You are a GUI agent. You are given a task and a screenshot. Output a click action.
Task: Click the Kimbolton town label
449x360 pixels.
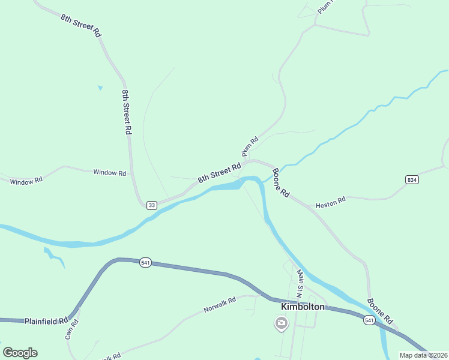point(303,307)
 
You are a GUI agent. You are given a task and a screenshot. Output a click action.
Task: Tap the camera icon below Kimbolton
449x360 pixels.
point(280,324)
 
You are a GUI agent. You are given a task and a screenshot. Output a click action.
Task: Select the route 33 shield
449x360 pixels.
point(151,205)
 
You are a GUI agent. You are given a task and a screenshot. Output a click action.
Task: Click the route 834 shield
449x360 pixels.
point(411,179)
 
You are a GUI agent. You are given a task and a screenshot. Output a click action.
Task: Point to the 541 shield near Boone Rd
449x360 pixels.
point(370,321)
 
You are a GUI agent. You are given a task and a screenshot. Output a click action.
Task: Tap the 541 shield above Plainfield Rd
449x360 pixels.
point(145,262)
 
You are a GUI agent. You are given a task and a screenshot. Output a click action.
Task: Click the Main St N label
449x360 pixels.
point(300,283)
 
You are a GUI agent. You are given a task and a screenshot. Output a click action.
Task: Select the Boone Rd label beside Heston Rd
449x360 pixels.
point(280,184)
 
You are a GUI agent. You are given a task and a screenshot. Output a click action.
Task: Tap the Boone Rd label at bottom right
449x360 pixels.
point(379,311)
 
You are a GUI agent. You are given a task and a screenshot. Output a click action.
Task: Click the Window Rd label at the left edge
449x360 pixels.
point(26,180)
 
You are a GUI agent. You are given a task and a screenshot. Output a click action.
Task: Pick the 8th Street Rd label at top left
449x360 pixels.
point(80,25)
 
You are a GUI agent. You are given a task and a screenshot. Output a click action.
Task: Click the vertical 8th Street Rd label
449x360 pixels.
point(127,112)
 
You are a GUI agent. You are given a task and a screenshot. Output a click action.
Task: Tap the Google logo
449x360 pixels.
point(20,353)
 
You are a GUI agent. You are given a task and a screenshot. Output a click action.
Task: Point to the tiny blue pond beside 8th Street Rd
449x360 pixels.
point(100,88)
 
